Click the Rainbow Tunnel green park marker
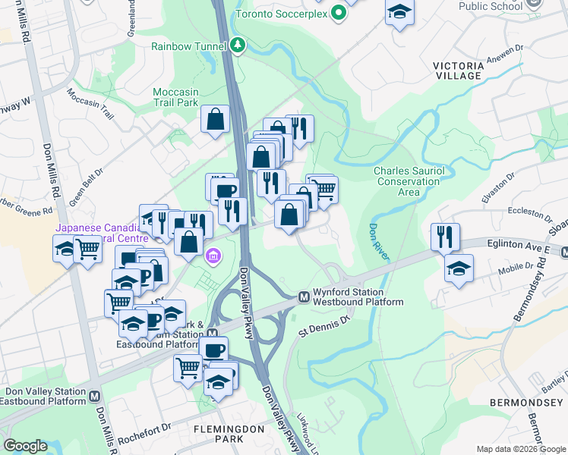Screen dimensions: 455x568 click(x=238, y=46)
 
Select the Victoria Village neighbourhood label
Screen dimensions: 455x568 click(x=458, y=71)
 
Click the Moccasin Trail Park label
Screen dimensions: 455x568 click(x=175, y=96)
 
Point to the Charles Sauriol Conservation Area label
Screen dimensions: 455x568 click(x=409, y=181)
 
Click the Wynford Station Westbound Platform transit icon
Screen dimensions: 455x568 click(x=303, y=297)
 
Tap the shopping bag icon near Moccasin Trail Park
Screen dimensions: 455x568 click(x=216, y=118)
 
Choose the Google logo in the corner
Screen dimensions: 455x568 click(x=25, y=446)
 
